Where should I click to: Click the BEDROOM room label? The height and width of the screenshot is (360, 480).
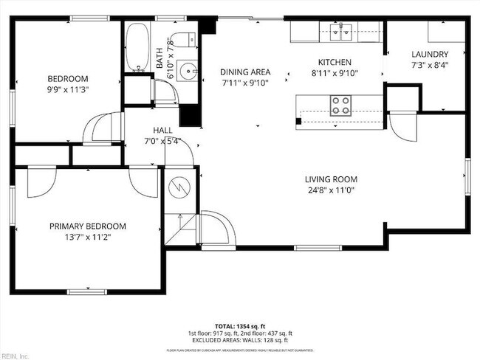(x=68, y=79)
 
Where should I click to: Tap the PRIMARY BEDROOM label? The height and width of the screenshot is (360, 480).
(x=87, y=226)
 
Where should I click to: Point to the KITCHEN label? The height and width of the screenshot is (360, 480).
(x=335, y=62)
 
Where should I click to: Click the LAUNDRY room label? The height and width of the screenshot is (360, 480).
(x=429, y=54)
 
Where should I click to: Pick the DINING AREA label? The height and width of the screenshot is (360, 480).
(x=245, y=72)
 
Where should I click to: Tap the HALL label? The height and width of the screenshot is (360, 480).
(x=162, y=130)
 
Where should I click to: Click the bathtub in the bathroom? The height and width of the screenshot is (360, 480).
(x=137, y=49)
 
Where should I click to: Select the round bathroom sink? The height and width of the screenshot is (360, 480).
(x=188, y=72)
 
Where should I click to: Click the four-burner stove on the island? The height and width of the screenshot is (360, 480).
(x=340, y=105)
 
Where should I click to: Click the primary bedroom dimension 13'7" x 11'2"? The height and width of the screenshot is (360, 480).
(x=87, y=237)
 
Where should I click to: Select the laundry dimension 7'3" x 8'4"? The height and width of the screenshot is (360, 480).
(x=429, y=64)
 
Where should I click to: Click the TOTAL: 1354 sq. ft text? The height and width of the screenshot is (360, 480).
(x=239, y=325)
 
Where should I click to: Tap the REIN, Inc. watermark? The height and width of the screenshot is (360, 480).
(x=16, y=356)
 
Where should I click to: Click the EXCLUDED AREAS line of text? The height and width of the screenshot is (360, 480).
(x=239, y=340)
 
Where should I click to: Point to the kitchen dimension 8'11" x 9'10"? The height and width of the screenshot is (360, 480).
(x=335, y=72)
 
